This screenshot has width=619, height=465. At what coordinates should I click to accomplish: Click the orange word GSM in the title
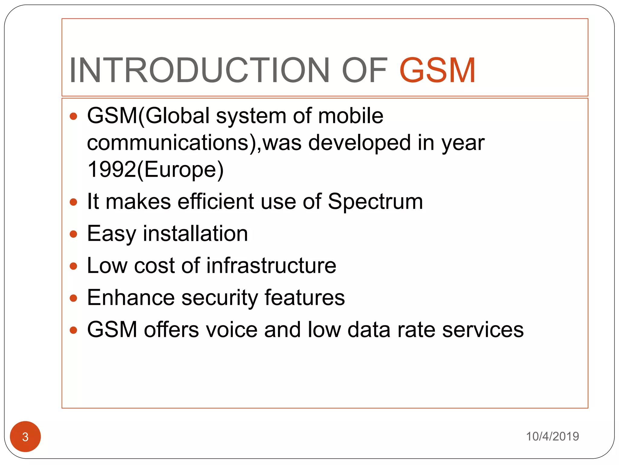coord(437,70)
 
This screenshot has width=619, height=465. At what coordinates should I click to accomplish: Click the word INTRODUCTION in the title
coord(199,70)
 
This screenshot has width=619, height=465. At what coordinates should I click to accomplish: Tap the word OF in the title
coord(364,70)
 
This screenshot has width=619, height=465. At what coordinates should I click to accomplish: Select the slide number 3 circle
coord(25,437)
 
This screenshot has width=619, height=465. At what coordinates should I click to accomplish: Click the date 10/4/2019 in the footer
coord(552,436)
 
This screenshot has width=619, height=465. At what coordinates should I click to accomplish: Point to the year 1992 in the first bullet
coord(112,169)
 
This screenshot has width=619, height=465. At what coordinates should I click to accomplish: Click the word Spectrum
coord(375,201)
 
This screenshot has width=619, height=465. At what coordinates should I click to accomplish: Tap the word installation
coord(195,233)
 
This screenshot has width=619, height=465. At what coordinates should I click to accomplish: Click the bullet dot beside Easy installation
coord(73,234)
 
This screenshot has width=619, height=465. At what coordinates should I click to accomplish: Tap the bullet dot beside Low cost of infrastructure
coord(73,266)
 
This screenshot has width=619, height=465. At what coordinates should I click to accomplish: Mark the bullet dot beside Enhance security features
coord(73,298)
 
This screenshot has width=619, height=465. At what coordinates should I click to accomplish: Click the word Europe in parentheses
coord(180,170)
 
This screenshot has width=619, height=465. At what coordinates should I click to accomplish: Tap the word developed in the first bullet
coord(359,143)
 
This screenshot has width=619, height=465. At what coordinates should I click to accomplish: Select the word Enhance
coord(131,298)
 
